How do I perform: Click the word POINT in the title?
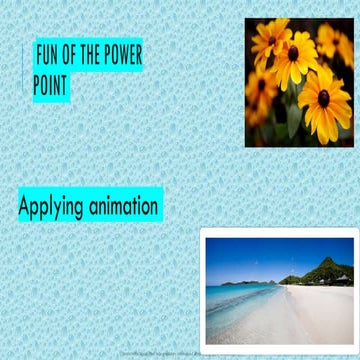[x=50, y=87]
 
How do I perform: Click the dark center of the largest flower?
[x=323, y=98]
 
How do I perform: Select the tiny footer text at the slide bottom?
[x=160, y=354]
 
